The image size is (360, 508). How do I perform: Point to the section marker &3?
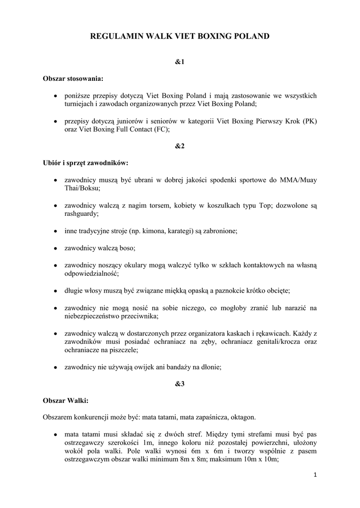point(180,384)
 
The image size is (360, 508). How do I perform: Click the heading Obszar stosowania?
point(73,78)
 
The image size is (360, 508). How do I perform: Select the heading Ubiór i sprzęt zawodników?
point(85,163)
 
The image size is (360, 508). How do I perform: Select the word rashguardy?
point(81,213)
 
